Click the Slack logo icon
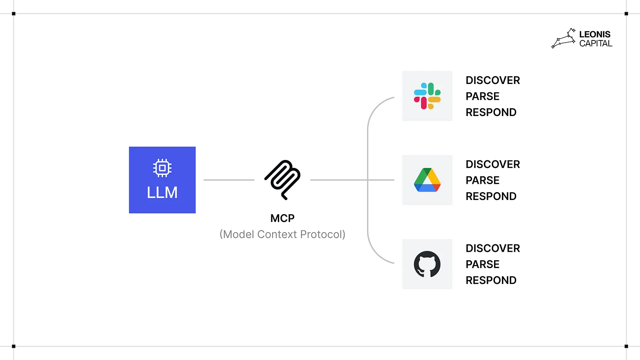pyautogui.click(x=427, y=96)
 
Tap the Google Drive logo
pyautogui.click(x=427, y=180)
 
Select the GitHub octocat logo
pyautogui.click(x=427, y=264)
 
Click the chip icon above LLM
pyautogui.click(x=162, y=168)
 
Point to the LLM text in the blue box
pyautogui.click(x=162, y=193)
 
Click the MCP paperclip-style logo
pyautogui.click(x=282, y=179)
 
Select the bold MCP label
pyautogui.click(x=282, y=218)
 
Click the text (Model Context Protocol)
pyautogui.click(x=282, y=234)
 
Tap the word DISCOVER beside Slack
pyautogui.click(x=493, y=80)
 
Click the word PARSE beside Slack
pyautogui.click(x=483, y=96)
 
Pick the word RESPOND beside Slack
pyautogui.click(x=491, y=113)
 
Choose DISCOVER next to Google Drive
pyautogui.click(x=493, y=164)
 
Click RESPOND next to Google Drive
pyautogui.click(x=491, y=196)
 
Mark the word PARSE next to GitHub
pyautogui.click(x=483, y=264)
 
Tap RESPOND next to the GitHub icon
pyautogui.click(x=491, y=280)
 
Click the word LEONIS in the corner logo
pyautogui.click(x=595, y=34)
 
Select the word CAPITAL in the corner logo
pyautogui.click(x=596, y=43)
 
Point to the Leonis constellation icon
pyautogui.click(x=564, y=38)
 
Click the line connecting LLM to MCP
pyautogui.click(x=229, y=180)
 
